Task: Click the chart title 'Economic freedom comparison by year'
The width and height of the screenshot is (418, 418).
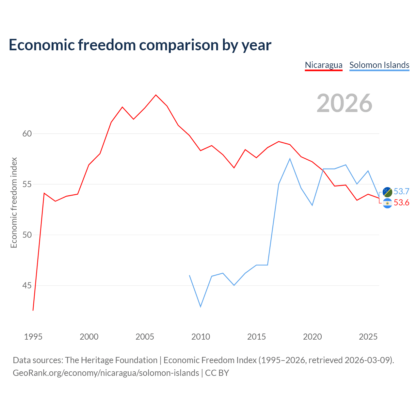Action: (x=140, y=45)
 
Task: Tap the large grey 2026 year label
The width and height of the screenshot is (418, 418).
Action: (x=345, y=103)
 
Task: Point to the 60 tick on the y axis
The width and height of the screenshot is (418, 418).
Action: (x=27, y=134)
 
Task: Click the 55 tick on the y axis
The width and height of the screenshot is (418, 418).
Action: (x=27, y=185)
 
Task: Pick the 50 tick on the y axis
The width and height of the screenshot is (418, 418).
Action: (x=27, y=235)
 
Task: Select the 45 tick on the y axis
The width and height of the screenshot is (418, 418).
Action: (x=27, y=285)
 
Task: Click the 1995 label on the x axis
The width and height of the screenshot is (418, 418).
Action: (x=33, y=337)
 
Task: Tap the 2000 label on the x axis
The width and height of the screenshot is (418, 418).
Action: (x=89, y=337)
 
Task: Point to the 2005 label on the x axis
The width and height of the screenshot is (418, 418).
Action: (x=145, y=337)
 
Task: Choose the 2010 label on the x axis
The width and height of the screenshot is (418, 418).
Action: (x=201, y=337)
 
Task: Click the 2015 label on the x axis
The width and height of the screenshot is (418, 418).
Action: (x=256, y=337)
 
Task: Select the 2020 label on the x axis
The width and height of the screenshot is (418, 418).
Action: (x=313, y=337)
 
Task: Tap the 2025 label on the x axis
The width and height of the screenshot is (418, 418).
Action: (x=368, y=337)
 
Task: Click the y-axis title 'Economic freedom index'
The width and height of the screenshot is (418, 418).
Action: (x=14, y=202)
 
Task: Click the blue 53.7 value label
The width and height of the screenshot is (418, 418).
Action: (x=402, y=191)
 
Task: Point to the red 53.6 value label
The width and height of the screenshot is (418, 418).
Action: (x=402, y=202)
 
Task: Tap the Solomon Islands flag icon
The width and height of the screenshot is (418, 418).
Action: (x=387, y=192)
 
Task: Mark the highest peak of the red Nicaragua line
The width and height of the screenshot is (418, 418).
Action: (x=156, y=95)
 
